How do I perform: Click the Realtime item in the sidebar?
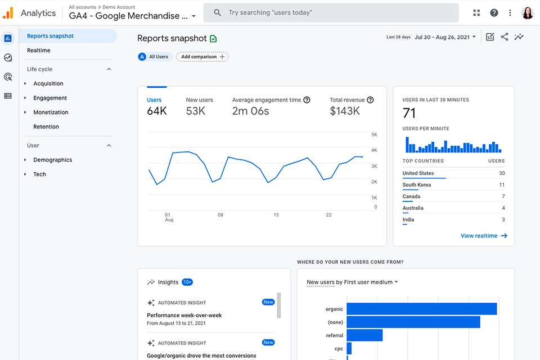pyautogui.click(x=39, y=51)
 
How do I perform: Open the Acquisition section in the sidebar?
pyautogui.click(x=48, y=84)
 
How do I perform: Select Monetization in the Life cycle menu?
pyautogui.click(x=51, y=112)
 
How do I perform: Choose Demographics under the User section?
pyautogui.click(x=53, y=160)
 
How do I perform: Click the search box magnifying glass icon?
pyautogui.click(x=218, y=13)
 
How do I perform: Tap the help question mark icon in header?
pyautogui.click(x=494, y=13)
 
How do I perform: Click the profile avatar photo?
pyautogui.click(x=528, y=13)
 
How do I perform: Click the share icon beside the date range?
pyautogui.click(x=505, y=37)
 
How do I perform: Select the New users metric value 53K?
pyautogui.click(x=196, y=111)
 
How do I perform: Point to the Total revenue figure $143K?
pyautogui.click(x=345, y=111)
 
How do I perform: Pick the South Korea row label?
pyautogui.click(x=417, y=185)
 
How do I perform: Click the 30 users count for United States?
pyautogui.click(x=502, y=173)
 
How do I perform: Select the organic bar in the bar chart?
pyautogui.click(x=421, y=309)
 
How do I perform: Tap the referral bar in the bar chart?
pyautogui.click(x=364, y=335)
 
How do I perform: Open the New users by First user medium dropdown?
pyautogui.click(x=353, y=282)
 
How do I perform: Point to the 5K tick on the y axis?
pyautogui.click(x=374, y=135)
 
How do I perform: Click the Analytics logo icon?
pyautogui.click(x=8, y=13)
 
